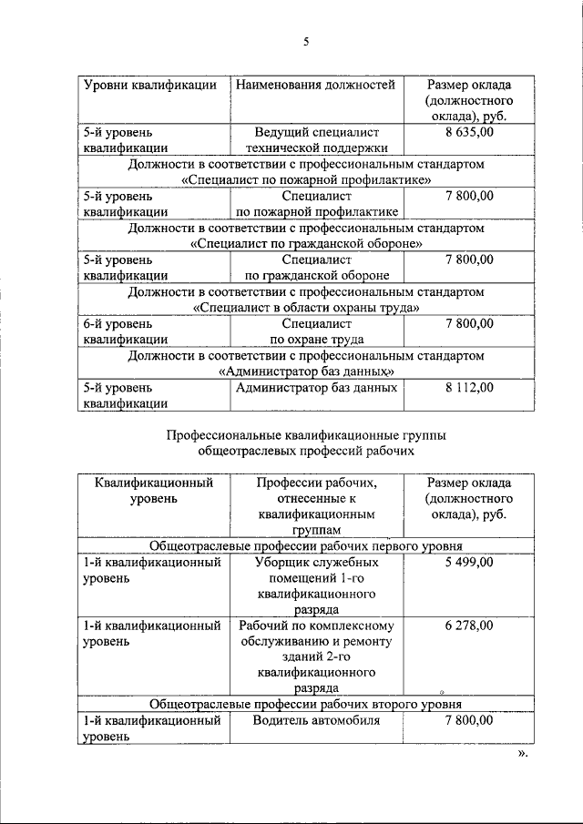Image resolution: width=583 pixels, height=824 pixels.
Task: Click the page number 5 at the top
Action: click(306, 41)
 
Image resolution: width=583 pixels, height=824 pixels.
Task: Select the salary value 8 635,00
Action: click(468, 133)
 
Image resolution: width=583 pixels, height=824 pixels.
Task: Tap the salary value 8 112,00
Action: click(468, 387)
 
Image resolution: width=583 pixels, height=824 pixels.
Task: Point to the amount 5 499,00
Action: click(468, 562)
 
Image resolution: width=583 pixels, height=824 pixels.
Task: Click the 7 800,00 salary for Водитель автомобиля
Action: click(468, 720)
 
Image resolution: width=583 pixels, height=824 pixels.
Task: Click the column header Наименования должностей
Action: click(315, 86)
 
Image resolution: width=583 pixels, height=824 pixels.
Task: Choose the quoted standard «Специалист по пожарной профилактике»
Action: click(306, 180)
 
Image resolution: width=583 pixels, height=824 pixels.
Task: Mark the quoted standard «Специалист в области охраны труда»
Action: click(306, 308)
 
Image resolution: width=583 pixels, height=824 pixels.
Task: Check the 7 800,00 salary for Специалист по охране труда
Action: click(468, 323)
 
